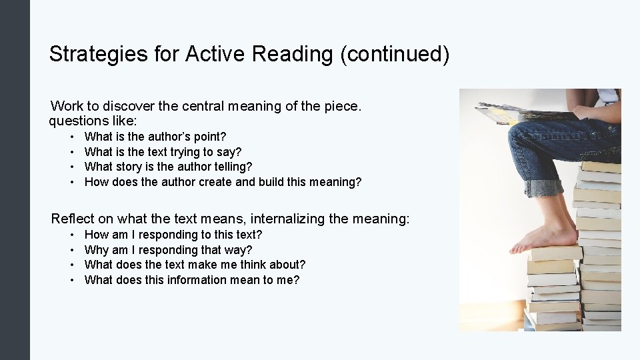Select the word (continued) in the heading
pyautogui.click(x=395, y=54)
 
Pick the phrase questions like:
pyautogui.click(x=93, y=121)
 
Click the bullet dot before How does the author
pyautogui.click(x=71, y=182)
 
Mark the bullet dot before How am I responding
pyautogui.click(x=71, y=235)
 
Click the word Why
pyautogui.click(x=96, y=250)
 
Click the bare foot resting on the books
pyautogui.click(x=544, y=239)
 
